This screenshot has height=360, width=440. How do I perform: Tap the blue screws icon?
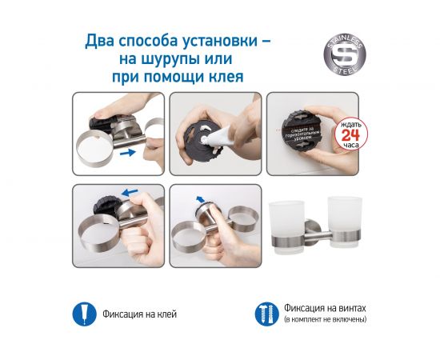coord(262,313)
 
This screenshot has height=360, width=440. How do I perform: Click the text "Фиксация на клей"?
coord(139,314)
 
